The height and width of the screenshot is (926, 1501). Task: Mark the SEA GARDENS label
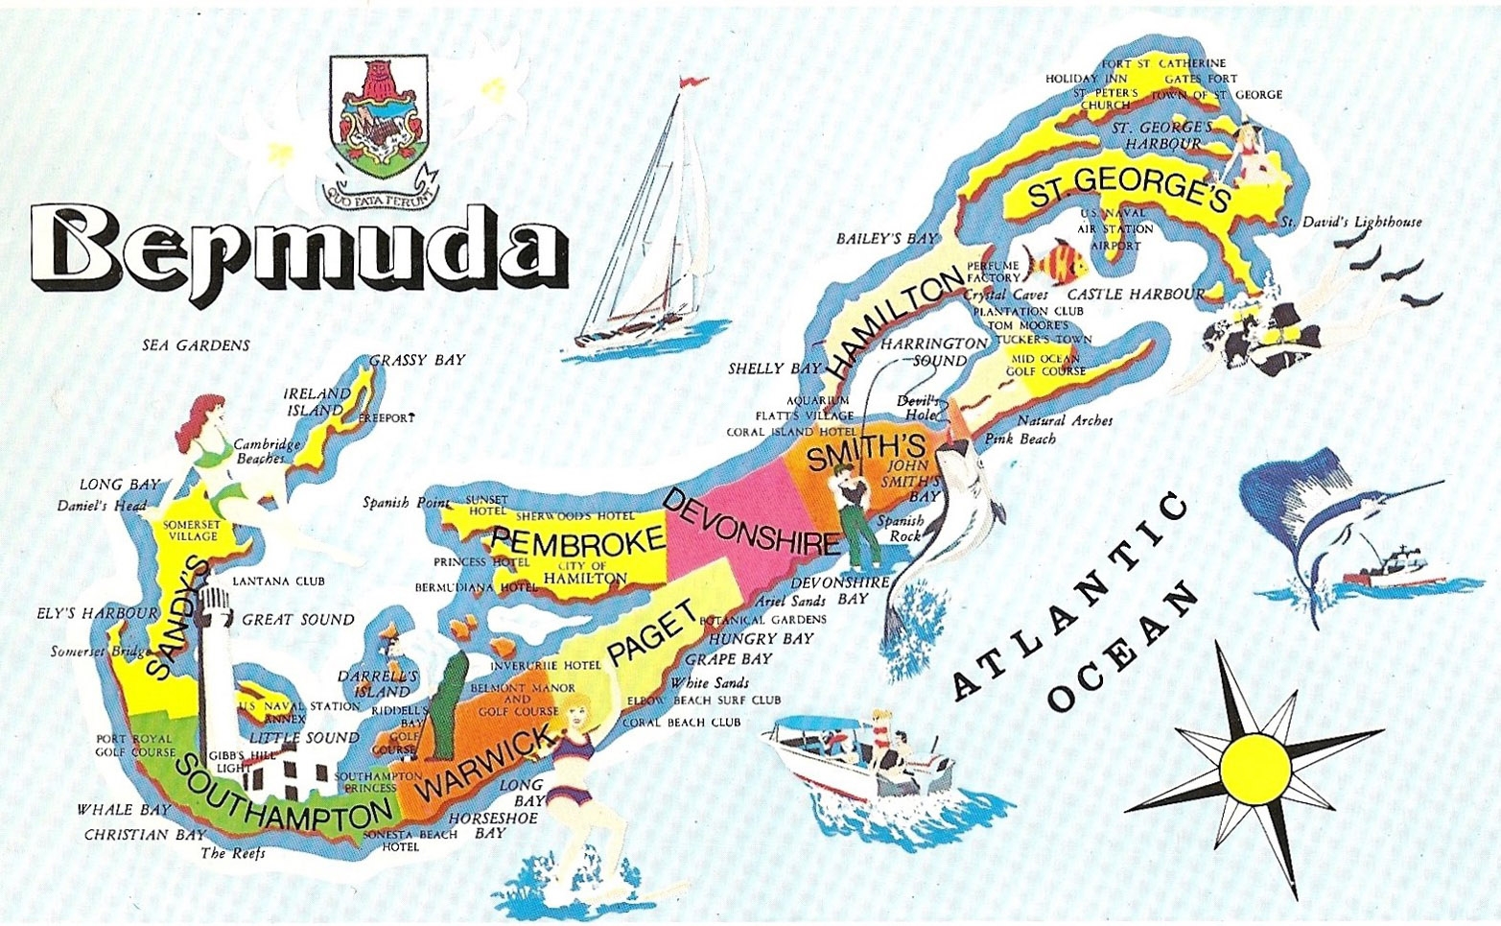196,345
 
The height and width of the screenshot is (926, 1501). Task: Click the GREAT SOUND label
297,620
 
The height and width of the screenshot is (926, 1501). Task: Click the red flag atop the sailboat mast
690,83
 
